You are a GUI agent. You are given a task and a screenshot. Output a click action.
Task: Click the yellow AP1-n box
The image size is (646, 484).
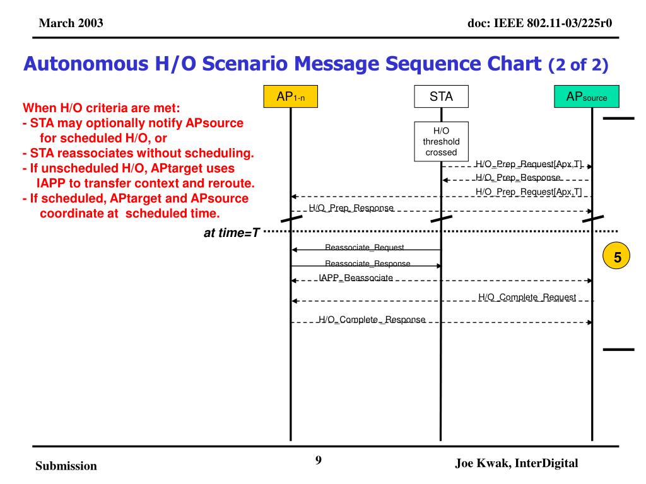[291, 96]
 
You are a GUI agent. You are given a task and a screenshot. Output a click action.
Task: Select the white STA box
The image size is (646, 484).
[441, 96]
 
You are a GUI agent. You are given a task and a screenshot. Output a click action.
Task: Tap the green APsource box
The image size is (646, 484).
[591, 96]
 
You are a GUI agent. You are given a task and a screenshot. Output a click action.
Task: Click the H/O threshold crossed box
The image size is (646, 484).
[441, 141]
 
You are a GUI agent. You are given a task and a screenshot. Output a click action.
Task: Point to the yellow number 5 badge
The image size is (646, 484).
[618, 257]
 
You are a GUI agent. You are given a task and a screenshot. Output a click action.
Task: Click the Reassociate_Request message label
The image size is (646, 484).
[364, 248]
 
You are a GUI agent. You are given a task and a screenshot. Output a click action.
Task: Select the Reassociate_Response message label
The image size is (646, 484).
[367, 263]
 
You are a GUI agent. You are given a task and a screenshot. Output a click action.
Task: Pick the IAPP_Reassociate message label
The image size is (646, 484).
[356, 278]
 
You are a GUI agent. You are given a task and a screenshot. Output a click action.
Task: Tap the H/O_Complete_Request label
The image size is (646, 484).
[527, 297]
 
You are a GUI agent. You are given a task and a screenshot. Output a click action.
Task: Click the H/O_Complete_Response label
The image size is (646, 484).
[372, 320]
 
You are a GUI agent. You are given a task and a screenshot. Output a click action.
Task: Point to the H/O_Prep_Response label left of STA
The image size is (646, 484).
[351, 208]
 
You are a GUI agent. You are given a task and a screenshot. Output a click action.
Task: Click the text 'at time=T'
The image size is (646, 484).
[232, 233]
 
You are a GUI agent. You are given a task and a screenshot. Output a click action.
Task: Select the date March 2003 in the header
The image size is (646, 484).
[71, 24]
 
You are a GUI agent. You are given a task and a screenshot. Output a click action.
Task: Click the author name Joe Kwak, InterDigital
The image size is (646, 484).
[516, 463]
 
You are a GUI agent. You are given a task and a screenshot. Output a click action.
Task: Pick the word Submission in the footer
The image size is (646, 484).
[66, 466]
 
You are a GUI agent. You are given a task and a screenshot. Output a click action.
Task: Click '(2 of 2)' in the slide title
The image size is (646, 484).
[578, 64]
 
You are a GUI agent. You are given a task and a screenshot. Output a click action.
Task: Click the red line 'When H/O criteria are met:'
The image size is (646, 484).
[102, 108]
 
